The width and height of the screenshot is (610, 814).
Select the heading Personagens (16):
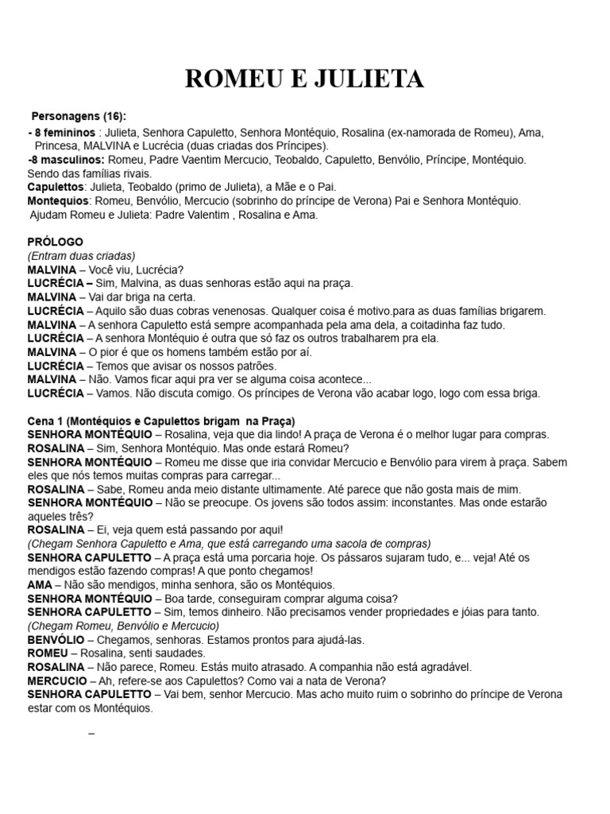click(79, 117)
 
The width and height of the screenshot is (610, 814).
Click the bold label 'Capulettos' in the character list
click(56, 187)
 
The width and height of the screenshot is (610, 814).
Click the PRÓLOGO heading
click(55, 242)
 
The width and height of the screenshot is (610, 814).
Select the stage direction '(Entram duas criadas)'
click(81, 255)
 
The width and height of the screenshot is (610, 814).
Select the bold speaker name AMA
click(41, 585)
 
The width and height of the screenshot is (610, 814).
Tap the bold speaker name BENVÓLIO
click(56, 639)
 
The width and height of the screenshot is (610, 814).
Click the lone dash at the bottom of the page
click(92, 732)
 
